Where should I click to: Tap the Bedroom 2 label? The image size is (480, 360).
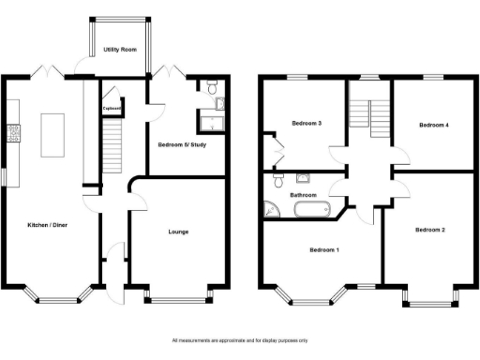tap(431, 230)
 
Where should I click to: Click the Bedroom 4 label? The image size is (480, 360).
tap(433, 124)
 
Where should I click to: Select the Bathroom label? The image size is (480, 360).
tap(304, 195)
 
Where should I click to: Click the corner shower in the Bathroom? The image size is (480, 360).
tap(273, 209)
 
